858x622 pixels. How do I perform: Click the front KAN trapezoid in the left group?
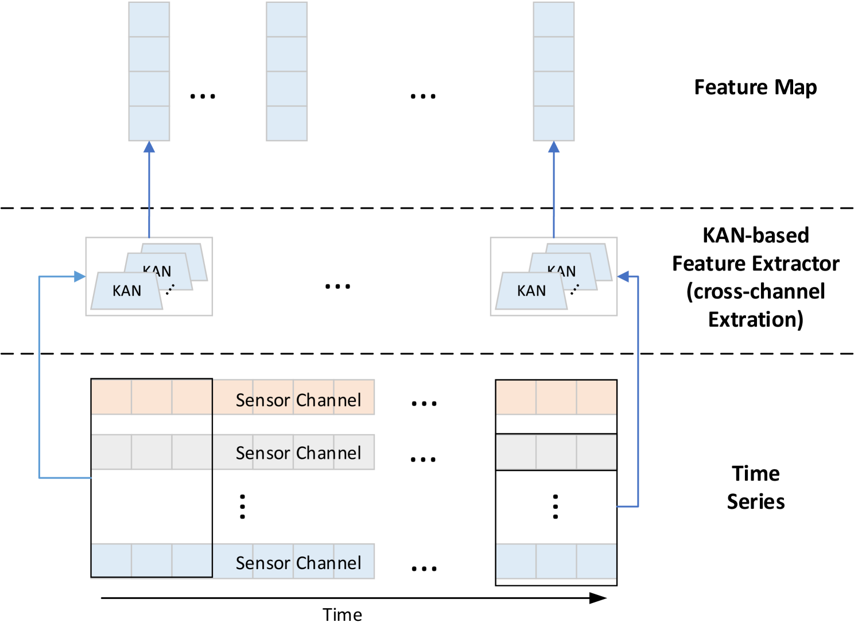coord(127,291)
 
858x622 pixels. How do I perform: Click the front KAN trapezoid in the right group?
coord(531,291)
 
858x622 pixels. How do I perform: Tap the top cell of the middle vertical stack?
coord(287,19)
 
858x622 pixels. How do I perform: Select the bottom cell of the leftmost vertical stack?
coord(149,123)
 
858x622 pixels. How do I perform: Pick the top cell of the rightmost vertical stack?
coord(554,19)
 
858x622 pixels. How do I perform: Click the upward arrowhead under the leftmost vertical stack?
coord(149,148)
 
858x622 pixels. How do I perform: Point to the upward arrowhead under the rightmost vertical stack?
coord(554,148)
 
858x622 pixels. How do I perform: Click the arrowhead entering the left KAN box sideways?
coord(80,277)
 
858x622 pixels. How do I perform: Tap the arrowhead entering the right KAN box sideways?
coord(623,277)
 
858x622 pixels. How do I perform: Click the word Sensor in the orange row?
coord(263,400)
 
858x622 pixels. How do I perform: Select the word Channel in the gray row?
coord(328,453)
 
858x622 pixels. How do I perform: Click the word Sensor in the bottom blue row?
coord(263,563)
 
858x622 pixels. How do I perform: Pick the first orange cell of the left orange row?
coord(112,397)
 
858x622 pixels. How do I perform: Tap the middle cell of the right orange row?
coord(556,397)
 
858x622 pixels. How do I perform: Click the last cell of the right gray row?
coord(596,452)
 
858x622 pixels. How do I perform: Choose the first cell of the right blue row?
coord(516,561)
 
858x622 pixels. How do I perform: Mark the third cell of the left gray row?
coord(192,452)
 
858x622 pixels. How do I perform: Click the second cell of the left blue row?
coord(152,561)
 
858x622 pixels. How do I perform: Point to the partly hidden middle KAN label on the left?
coord(157,270)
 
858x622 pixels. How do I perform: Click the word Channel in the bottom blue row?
coord(328,563)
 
